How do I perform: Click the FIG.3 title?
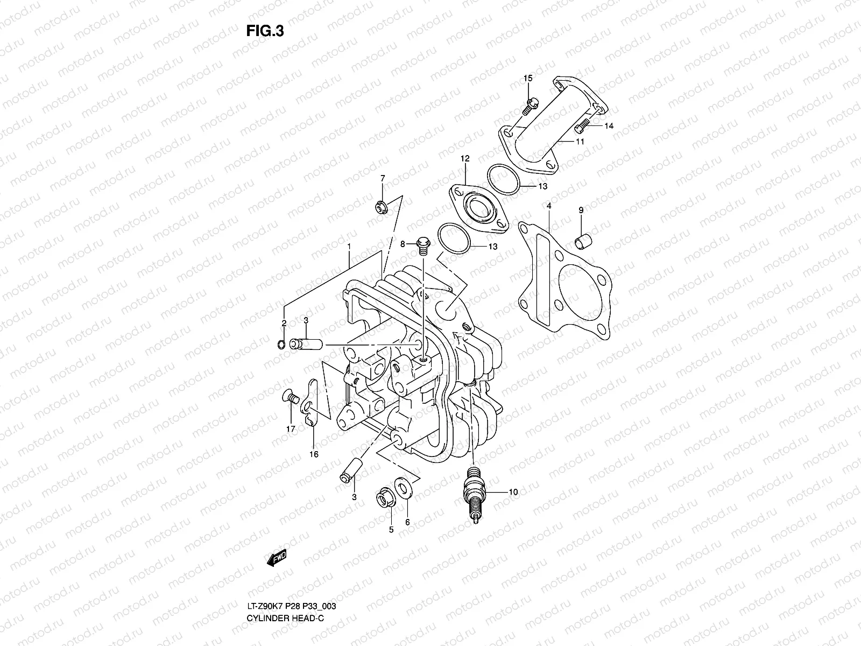click(x=265, y=31)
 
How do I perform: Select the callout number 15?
click(x=528, y=79)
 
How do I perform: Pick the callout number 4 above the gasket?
click(x=548, y=206)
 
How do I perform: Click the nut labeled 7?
click(x=383, y=206)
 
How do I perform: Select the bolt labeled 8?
click(x=422, y=245)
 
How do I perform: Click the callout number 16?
click(x=314, y=454)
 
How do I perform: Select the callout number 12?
click(x=465, y=159)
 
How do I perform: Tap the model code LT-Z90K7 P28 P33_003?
click(x=292, y=576)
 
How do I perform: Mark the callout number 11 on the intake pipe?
click(x=580, y=142)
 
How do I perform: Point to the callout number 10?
click(x=513, y=491)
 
